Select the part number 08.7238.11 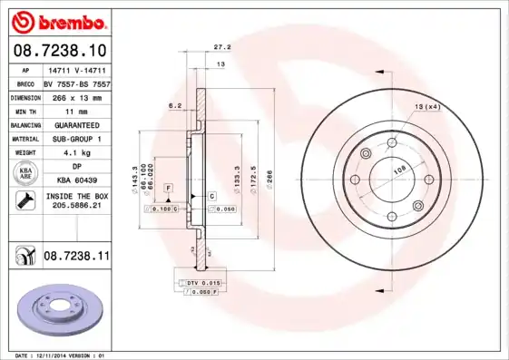click(76, 258)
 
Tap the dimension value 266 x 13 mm click(76, 94)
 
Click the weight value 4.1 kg click(76, 153)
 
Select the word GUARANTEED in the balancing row click(76, 124)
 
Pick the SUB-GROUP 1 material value click(76, 139)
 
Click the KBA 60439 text click(76, 181)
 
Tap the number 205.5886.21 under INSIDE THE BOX click(76, 207)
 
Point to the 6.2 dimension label click(175, 106)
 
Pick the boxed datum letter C click(211, 196)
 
